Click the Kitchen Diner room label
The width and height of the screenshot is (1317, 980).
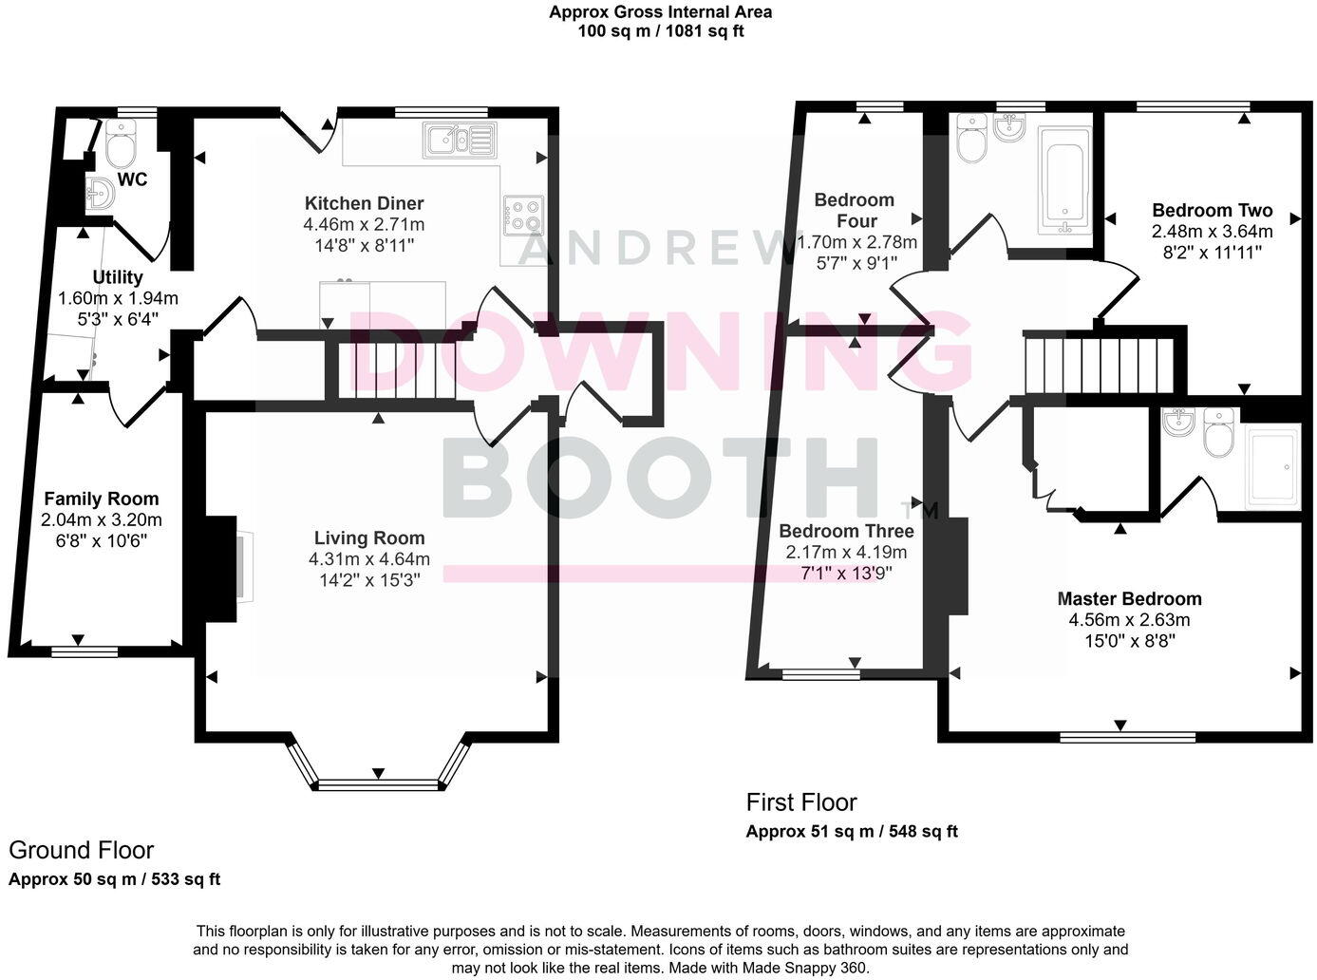364,203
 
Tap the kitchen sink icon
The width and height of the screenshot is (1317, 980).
460,140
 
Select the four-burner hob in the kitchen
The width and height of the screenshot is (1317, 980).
523,215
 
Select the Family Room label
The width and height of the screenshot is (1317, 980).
102,499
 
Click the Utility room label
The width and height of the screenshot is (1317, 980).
118,277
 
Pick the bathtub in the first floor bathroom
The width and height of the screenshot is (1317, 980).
1066,180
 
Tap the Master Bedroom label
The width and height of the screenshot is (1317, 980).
1129,599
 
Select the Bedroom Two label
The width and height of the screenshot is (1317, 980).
1212,211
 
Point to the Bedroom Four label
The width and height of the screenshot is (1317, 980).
855,210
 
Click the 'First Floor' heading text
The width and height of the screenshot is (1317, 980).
801,802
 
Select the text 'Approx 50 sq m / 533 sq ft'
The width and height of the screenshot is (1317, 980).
114,879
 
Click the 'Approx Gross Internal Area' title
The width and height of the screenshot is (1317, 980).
660,12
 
